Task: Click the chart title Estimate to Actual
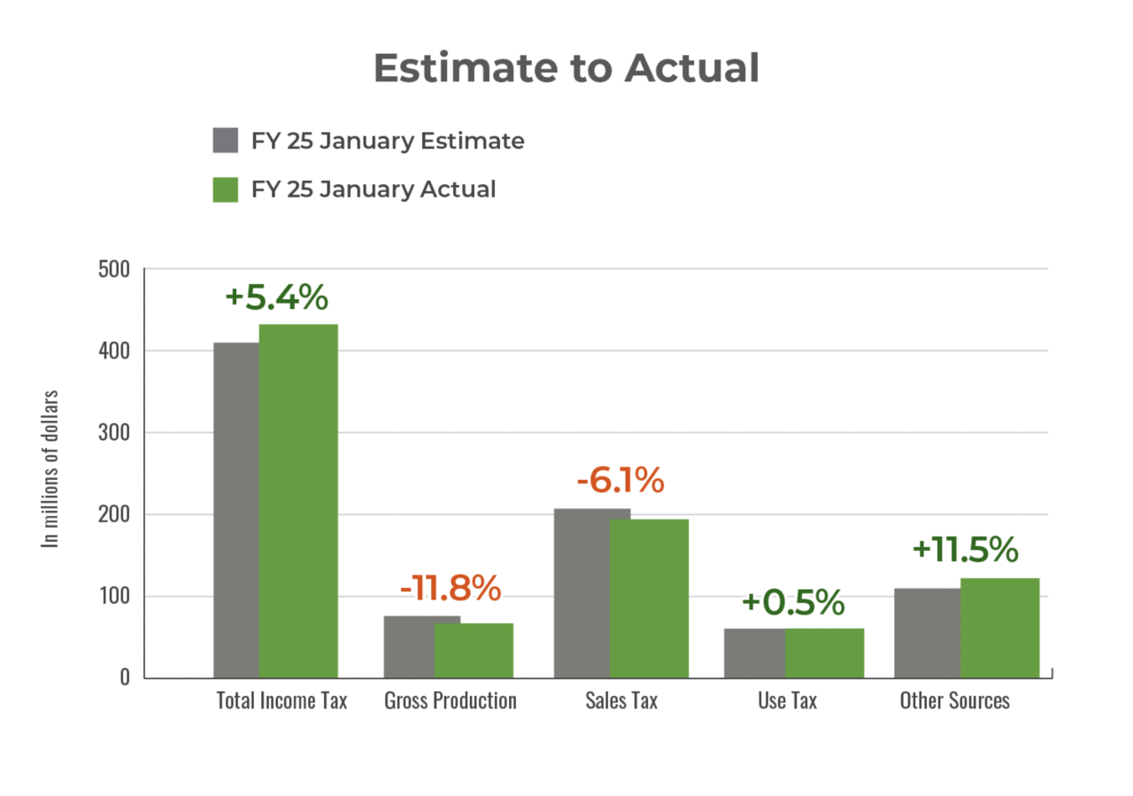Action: coord(566,68)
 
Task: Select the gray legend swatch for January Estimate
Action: coord(226,141)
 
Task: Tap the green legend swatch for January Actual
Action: coord(226,189)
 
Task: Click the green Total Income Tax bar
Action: coord(298,500)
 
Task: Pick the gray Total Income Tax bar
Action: coord(235,509)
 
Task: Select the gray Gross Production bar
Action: coord(408,645)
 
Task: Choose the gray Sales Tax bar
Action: coord(581,592)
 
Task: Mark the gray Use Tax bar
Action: coord(753,653)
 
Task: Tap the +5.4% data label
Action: coord(276,298)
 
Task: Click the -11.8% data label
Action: coord(451,587)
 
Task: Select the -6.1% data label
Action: coord(620,481)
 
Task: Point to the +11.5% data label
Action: coord(965,550)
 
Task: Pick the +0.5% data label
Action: coord(793,603)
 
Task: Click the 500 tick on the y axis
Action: coord(113,269)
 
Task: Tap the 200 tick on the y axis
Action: coord(113,514)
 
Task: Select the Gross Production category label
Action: coord(450,700)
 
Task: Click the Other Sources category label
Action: coord(954,700)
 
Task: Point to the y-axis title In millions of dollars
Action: coord(52,468)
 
